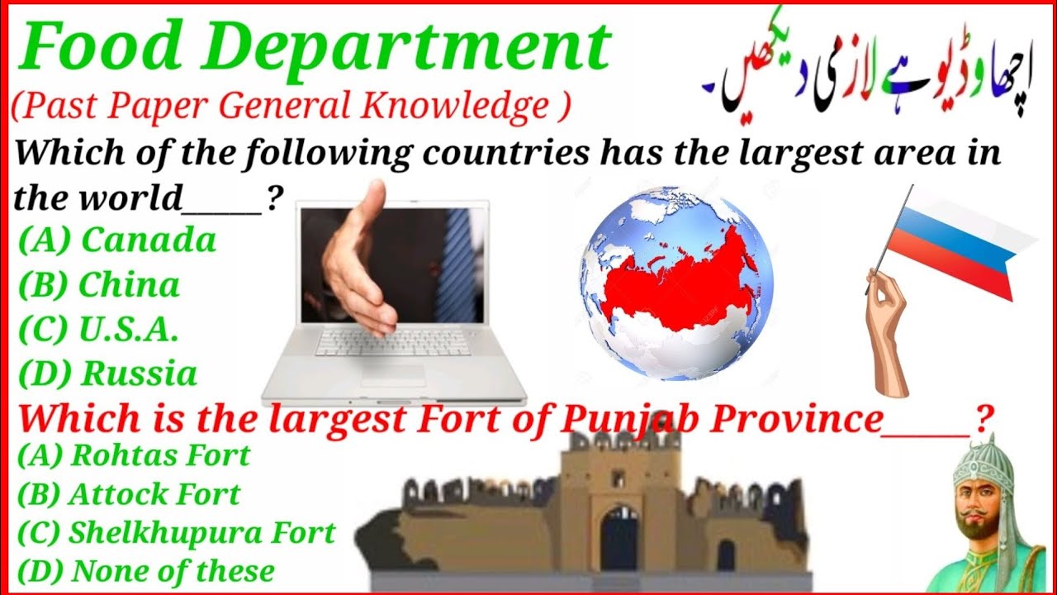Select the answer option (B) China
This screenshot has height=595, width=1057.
[99, 285]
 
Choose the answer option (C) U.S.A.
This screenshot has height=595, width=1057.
[98, 330]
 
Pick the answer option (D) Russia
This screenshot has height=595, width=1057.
[108, 374]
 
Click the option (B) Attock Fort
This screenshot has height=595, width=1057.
[129, 494]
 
